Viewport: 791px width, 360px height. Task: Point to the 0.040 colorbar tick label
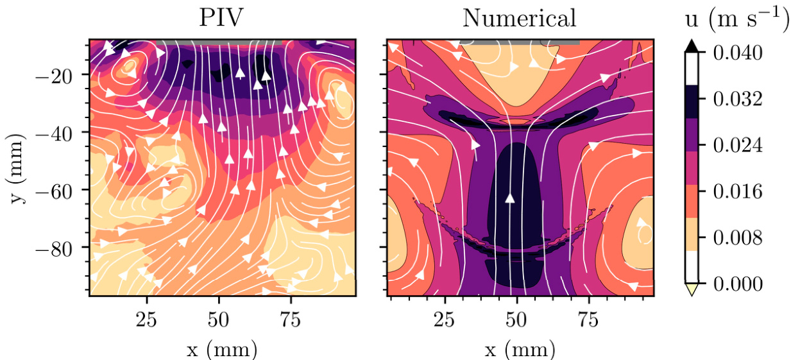coord(738,53)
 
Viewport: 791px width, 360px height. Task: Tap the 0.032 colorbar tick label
coord(738,99)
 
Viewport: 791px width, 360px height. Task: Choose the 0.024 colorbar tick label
coord(738,145)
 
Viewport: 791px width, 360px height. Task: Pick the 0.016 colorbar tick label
coord(738,191)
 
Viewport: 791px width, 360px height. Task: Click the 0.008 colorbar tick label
coord(738,237)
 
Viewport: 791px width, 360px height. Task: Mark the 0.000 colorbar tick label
coord(738,284)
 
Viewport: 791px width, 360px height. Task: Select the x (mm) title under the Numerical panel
coord(520,349)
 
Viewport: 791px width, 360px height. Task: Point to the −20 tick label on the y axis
coord(61,75)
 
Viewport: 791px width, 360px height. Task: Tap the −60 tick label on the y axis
coord(61,190)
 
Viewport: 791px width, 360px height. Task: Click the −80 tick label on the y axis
coord(61,247)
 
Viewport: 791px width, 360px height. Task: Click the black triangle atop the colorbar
coord(692,46)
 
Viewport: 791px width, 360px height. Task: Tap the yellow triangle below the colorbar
coord(692,290)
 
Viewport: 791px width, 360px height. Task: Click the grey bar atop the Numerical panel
coord(520,41)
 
